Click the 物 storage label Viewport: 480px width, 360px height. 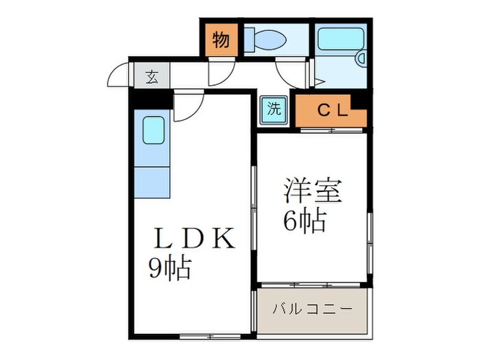(221, 40)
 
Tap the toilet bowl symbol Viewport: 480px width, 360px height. (268, 39)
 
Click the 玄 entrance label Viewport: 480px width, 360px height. (152, 76)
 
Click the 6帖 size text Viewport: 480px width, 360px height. (304, 221)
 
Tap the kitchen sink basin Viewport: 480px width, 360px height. (154, 130)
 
